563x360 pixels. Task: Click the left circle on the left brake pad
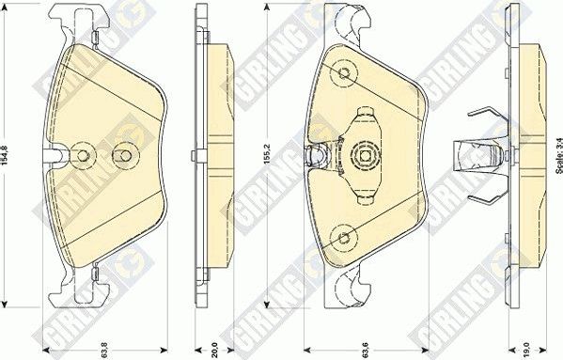84,155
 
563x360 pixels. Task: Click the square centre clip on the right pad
364,155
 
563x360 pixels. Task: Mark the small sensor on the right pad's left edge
316,155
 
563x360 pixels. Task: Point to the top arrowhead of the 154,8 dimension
8,8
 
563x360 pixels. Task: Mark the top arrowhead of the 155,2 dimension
270,7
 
